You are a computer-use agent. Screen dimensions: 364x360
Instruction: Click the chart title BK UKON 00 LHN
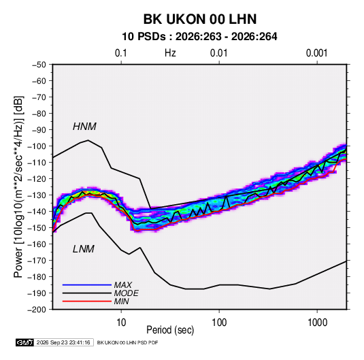point(200,19)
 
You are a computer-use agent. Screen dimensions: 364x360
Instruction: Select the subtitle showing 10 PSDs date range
point(199,37)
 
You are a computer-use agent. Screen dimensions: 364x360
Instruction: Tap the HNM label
point(84,127)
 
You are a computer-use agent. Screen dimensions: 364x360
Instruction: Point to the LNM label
point(84,249)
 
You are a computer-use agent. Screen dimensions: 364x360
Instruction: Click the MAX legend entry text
point(123,285)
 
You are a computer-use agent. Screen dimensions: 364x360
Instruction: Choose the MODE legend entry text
point(127,293)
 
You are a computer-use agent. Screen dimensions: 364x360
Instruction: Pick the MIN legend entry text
point(121,301)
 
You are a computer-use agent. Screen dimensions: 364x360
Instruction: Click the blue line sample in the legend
point(87,284)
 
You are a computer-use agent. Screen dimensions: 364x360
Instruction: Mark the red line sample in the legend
point(87,301)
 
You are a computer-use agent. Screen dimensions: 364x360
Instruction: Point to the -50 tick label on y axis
point(39,65)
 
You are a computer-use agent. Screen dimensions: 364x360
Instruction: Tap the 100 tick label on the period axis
point(219,323)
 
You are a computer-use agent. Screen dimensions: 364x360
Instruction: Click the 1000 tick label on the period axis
point(317,323)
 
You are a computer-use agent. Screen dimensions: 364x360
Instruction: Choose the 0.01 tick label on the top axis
point(218,53)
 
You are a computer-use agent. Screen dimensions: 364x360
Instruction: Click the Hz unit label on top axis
point(170,53)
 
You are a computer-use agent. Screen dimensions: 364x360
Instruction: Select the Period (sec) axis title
point(170,330)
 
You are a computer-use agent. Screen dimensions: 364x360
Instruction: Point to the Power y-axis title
point(18,186)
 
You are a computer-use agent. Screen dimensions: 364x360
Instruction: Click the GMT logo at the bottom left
point(25,342)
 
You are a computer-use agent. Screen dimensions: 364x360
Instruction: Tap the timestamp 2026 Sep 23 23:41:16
point(63,342)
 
